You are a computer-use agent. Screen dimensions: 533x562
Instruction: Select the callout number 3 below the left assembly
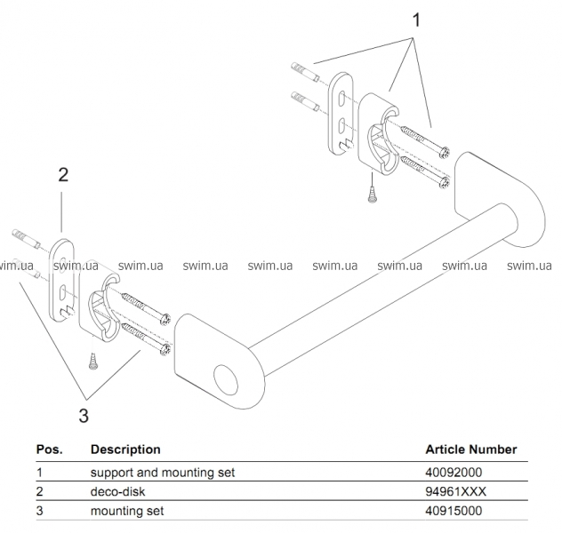(x=84, y=414)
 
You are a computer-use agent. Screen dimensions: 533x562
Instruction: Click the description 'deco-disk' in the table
(x=117, y=491)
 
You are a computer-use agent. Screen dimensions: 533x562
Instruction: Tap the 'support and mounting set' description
(x=163, y=473)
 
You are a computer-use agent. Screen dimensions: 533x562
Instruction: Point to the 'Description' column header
(x=125, y=449)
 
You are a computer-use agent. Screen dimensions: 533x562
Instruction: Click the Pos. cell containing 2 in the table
(x=40, y=491)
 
